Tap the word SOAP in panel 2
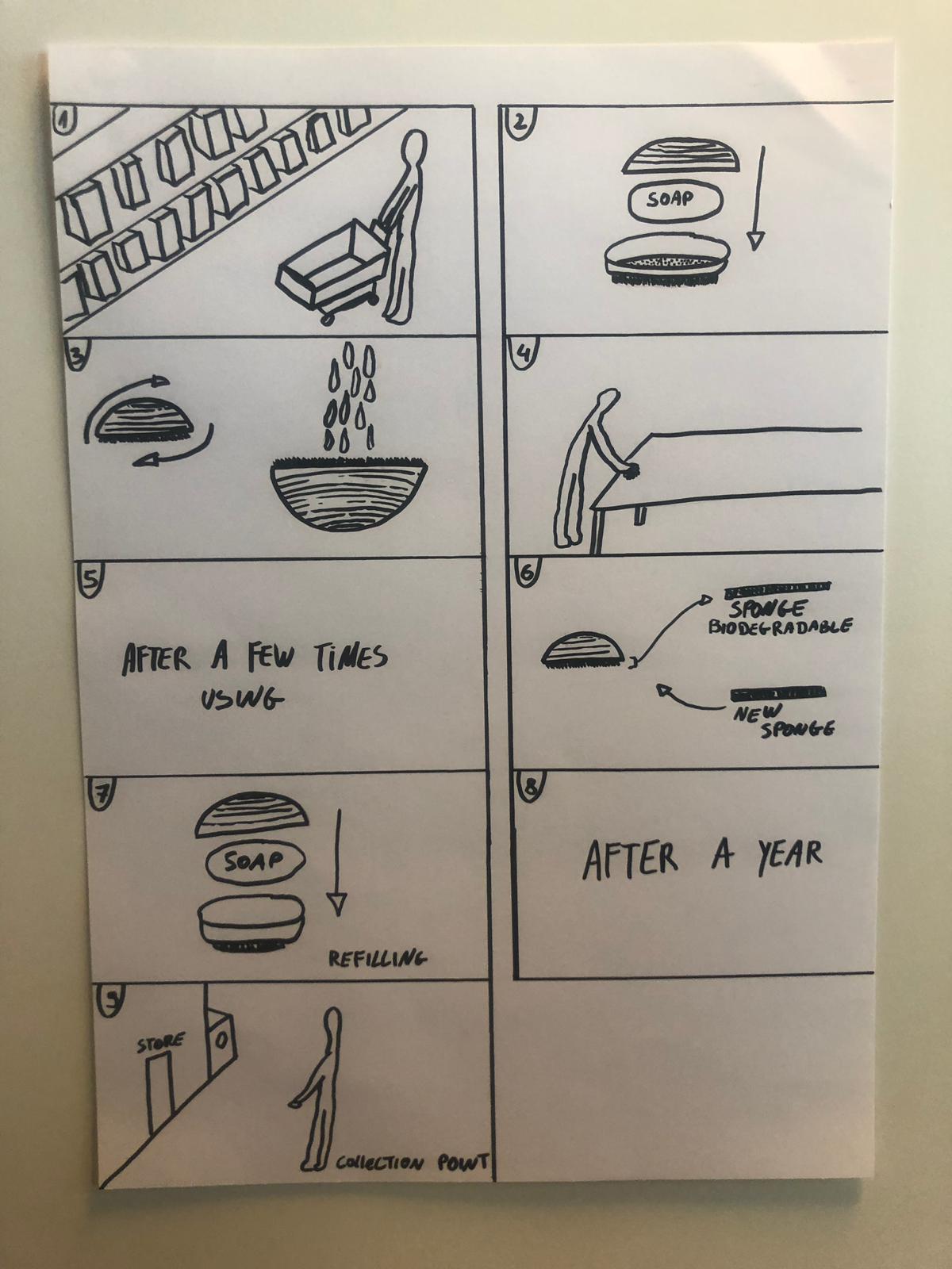(670, 199)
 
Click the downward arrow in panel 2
(757, 198)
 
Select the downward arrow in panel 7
(337, 861)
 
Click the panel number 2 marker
(520, 122)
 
